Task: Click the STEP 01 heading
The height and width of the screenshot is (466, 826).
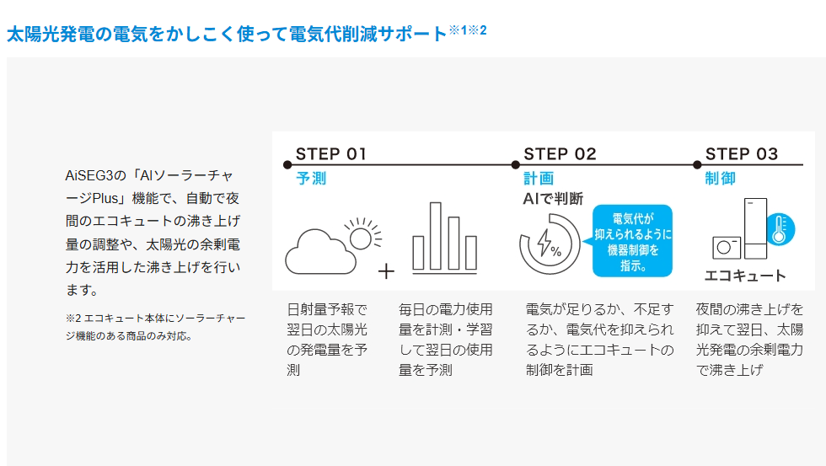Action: tap(330, 153)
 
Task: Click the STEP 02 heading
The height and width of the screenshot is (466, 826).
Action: tap(560, 153)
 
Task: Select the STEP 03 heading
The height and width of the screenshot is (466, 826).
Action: tap(742, 153)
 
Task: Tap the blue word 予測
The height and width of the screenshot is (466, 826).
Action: tap(310, 179)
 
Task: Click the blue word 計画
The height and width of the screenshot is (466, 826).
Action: tap(539, 179)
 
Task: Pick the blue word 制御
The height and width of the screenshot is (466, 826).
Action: tap(720, 179)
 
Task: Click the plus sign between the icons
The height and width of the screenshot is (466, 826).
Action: tap(386, 271)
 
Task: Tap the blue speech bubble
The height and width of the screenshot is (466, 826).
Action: tap(632, 241)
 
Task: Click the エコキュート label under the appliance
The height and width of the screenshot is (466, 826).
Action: tap(745, 276)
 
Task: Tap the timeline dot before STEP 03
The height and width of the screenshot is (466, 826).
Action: tap(697, 163)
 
